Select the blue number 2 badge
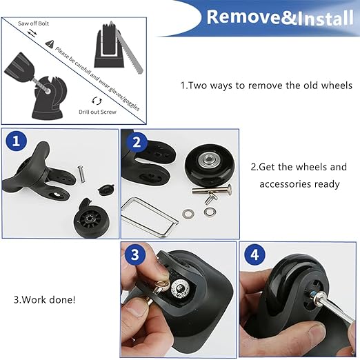tap(136, 143)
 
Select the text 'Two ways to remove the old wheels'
tap(266, 86)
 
